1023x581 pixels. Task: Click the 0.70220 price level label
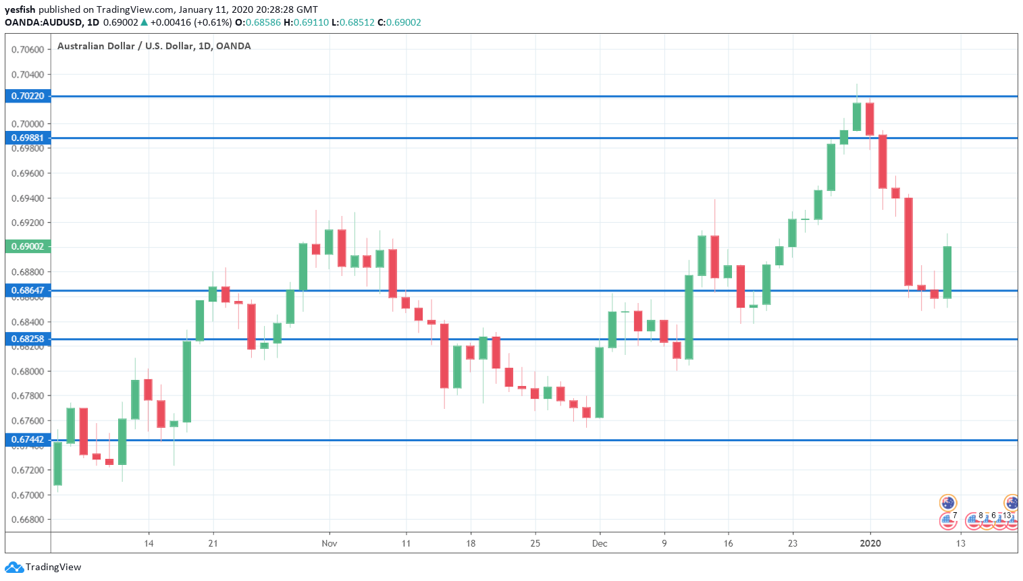[28, 96]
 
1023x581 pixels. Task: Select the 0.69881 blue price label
[28, 138]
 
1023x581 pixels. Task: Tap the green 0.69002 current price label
[28, 246]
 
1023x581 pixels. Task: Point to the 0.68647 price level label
[28, 290]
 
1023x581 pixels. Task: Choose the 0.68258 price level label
[28, 339]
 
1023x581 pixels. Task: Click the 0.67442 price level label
[28, 439]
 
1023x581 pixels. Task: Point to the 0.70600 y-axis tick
[28, 49]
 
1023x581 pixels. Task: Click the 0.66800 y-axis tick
[28, 520]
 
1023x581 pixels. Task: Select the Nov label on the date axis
[329, 543]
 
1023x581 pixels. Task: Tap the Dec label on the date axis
[599, 543]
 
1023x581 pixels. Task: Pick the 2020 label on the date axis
[870, 543]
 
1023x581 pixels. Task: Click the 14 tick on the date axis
[149, 543]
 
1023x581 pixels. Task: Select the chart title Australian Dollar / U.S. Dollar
[154, 46]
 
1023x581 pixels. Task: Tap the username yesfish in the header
[20, 9]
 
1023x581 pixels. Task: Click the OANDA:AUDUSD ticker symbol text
[43, 22]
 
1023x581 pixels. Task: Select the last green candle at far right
[947, 272]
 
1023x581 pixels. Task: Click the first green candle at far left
[57, 463]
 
